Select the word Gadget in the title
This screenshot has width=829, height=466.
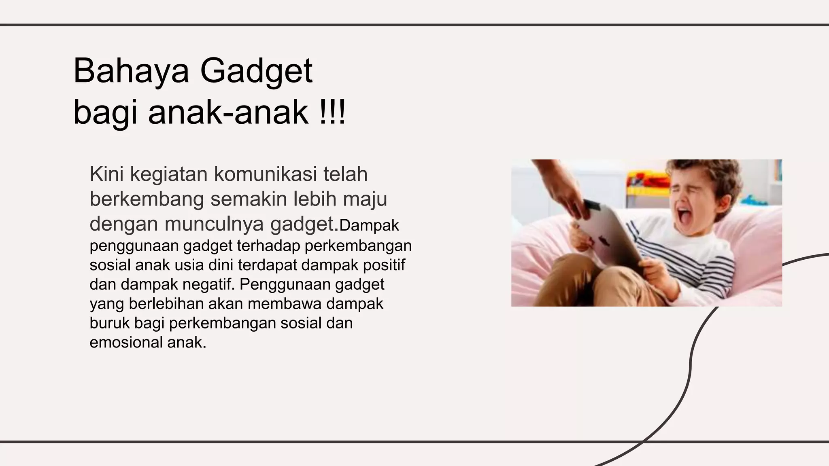(256, 72)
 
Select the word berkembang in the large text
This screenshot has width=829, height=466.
(147, 199)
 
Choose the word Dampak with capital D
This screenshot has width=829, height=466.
(369, 226)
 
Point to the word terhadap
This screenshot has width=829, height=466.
(269, 246)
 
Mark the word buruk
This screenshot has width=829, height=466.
(109, 323)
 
